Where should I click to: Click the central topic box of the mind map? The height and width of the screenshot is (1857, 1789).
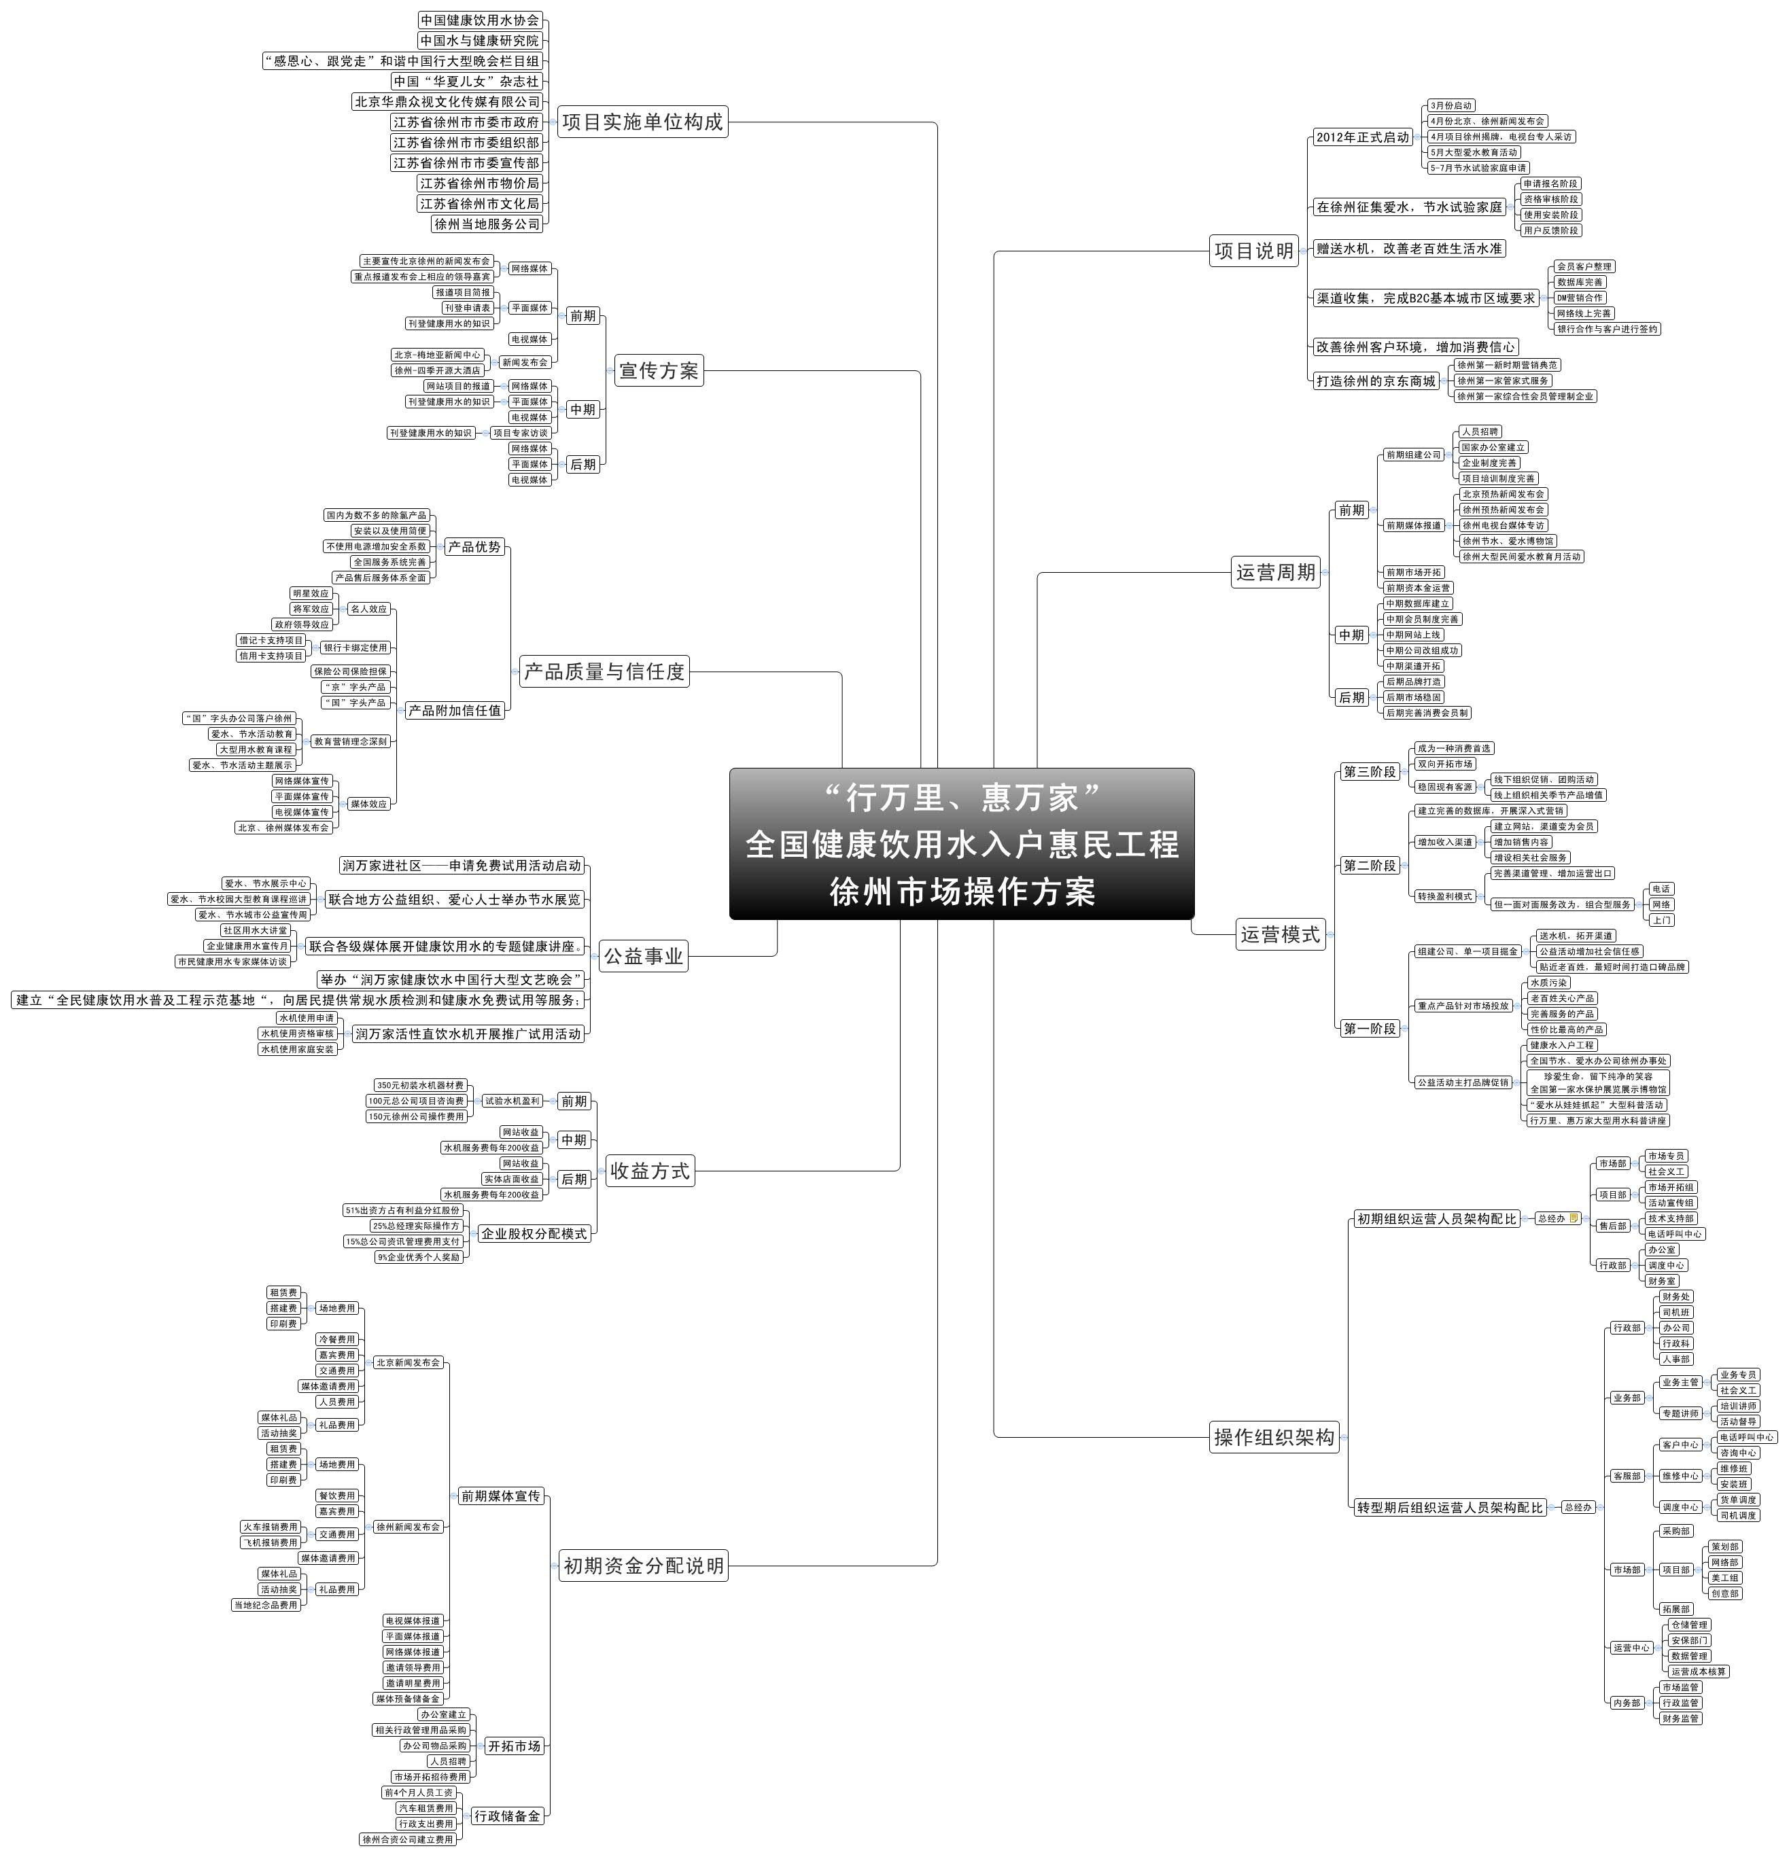coord(961,843)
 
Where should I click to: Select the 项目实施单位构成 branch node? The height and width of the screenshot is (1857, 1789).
coord(642,122)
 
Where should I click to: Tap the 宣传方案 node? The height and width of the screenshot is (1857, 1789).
coord(659,370)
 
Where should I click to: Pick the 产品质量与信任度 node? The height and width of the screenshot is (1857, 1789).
coord(604,672)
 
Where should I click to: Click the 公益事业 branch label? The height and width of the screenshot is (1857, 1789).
coord(644,956)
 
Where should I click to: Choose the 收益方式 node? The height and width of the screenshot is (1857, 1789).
coord(649,1171)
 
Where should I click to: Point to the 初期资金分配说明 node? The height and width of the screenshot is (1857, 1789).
coord(644,1566)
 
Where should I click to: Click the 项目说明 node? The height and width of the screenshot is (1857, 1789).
coord(1253,251)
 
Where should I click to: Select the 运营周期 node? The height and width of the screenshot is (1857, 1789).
coord(1275,572)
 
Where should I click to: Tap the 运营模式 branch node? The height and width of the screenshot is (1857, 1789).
coord(1280,935)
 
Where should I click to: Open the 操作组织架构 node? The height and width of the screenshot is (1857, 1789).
coord(1274,1437)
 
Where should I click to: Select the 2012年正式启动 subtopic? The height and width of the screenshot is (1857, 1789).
coord(1363,137)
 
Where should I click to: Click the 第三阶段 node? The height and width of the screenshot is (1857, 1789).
coord(1369,772)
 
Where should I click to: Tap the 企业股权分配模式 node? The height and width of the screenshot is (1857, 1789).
coord(534,1233)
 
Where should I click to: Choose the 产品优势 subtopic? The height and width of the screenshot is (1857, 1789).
coord(474,547)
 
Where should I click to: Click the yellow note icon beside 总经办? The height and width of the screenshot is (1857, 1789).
coord(1575,1218)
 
